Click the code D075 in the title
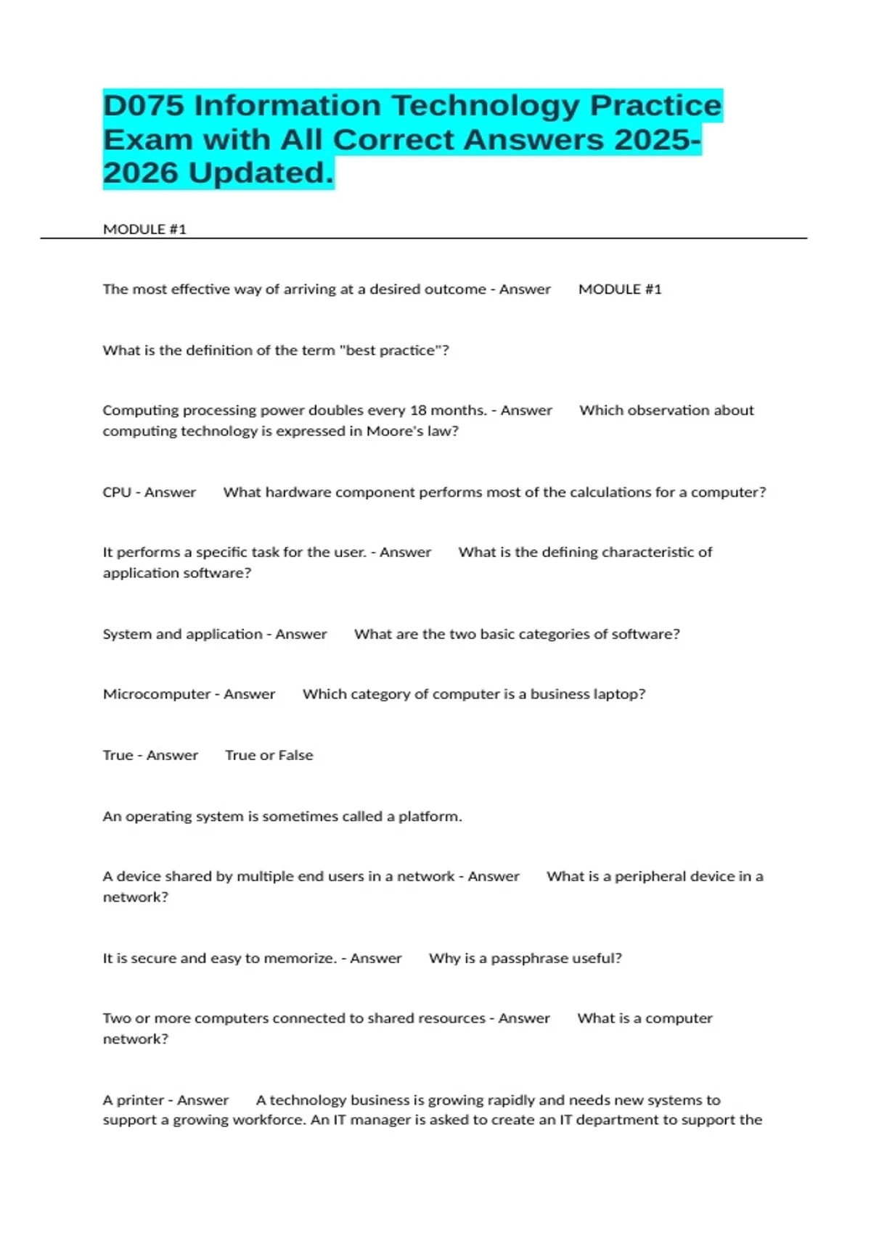pyautogui.click(x=144, y=106)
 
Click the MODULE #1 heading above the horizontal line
pyautogui.click(x=144, y=229)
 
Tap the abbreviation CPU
pyautogui.click(x=116, y=492)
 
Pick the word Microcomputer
pyautogui.click(x=156, y=694)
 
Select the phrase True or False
pyautogui.click(x=269, y=755)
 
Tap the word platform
pyautogui.click(x=430, y=817)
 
